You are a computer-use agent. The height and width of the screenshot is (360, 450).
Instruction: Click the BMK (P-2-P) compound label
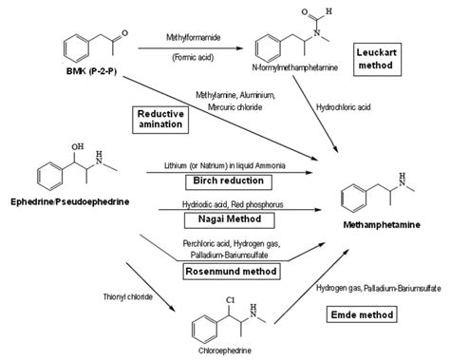click(x=91, y=71)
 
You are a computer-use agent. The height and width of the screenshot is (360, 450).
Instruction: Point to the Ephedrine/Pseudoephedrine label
click(x=70, y=201)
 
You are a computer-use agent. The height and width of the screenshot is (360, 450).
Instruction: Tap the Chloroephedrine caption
click(x=225, y=351)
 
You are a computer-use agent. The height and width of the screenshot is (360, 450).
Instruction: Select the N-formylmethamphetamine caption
click(x=295, y=67)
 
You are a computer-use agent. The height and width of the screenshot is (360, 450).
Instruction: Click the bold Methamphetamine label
click(x=382, y=225)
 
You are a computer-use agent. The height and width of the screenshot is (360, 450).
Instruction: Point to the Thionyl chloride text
click(x=128, y=297)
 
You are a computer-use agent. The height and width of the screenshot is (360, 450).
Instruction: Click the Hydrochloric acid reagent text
click(x=344, y=107)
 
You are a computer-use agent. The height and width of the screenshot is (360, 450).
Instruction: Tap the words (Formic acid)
click(x=193, y=58)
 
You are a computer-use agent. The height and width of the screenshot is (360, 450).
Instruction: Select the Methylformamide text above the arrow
click(x=194, y=37)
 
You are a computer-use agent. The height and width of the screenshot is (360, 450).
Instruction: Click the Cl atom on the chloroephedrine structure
click(x=231, y=299)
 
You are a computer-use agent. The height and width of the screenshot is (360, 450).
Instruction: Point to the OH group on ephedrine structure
click(x=78, y=146)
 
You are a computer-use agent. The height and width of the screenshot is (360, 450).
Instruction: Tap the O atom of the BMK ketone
click(x=124, y=33)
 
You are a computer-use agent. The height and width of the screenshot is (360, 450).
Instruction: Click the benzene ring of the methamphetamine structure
click(x=353, y=199)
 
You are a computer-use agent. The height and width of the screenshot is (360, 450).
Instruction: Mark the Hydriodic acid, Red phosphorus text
click(x=233, y=204)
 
